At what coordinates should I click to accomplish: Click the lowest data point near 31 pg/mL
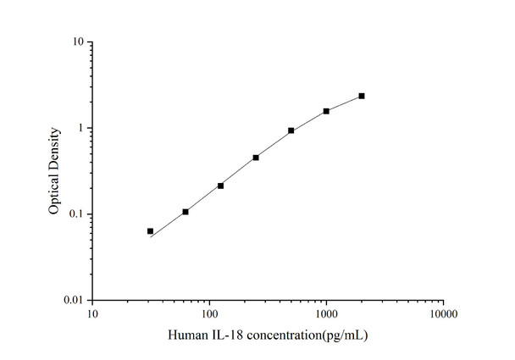[x=151, y=231]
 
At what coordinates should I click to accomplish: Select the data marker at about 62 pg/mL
[x=186, y=212]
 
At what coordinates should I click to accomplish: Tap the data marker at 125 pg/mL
[x=220, y=186]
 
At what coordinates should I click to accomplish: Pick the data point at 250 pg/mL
[x=256, y=158]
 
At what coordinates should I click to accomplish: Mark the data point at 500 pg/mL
[x=291, y=130]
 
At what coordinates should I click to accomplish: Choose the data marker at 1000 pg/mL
[x=326, y=111]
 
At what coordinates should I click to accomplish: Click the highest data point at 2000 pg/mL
[x=362, y=96]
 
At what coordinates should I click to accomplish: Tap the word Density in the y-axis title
[x=54, y=147]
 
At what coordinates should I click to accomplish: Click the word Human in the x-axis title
[x=187, y=336]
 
